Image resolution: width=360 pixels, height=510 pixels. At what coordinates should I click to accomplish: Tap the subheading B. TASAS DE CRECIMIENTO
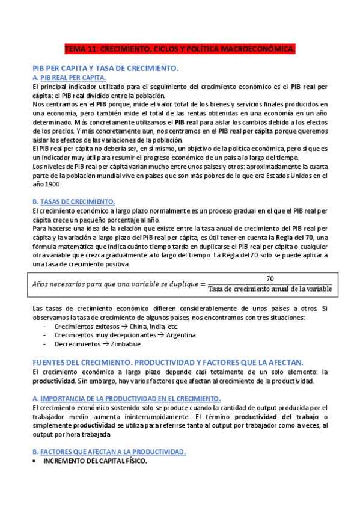tap(74, 201)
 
